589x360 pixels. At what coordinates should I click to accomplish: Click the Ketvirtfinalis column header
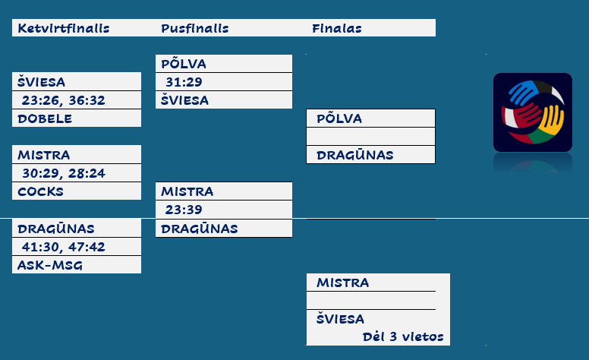pos(64,29)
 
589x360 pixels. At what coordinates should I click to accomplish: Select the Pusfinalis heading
pos(195,29)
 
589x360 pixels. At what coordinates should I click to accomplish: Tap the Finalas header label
pos(336,29)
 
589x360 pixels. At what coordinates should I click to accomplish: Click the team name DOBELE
pos(45,118)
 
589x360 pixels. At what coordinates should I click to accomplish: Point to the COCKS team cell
pos(41,191)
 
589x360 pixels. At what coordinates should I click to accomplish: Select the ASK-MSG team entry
pos(50,265)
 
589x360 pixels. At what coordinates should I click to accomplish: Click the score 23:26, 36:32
pos(64,100)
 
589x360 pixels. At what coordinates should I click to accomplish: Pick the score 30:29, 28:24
pos(64,174)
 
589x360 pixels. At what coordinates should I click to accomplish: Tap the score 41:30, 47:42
pos(64,247)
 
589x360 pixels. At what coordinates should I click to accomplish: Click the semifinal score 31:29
pos(184,82)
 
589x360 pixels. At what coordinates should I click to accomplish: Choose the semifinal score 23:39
pos(184,210)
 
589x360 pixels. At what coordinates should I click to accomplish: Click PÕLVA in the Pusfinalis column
pos(184,64)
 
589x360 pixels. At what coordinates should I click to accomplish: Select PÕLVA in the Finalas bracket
pos(339,118)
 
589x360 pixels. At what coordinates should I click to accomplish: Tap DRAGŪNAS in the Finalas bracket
pos(355,155)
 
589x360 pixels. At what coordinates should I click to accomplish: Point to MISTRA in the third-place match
pos(343,283)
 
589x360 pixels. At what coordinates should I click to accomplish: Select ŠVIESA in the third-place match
pos(341,319)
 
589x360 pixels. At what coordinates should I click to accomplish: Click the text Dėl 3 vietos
pos(402,336)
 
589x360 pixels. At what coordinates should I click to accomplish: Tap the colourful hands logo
pos(532,112)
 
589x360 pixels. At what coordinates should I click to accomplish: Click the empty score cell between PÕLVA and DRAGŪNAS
pos(370,137)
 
